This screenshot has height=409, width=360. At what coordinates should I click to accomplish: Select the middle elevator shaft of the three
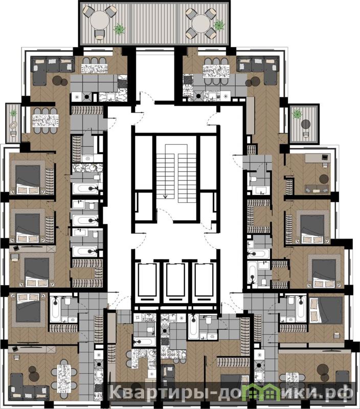pos(176,282)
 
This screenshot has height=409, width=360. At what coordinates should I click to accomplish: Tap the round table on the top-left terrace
pos(100,21)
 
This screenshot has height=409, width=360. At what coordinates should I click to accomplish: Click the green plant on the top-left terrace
pos(119,29)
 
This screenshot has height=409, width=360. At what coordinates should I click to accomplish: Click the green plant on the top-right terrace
pos(219,25)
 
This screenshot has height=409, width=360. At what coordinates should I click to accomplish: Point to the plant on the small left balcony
pos(13,113)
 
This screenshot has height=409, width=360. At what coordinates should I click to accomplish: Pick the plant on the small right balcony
pos(297,114)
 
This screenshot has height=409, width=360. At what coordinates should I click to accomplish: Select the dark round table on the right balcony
pos(306,124)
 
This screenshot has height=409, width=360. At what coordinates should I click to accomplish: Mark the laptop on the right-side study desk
pos(325,157)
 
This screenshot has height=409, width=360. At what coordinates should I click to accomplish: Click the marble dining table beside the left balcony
pos(46,121)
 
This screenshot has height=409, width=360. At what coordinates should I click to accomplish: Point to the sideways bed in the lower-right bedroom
pos(326,310)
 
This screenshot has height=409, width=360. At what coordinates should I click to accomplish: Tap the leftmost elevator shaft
pos(147,282)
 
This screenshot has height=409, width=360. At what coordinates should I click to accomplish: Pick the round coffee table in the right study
pos(324,179)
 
